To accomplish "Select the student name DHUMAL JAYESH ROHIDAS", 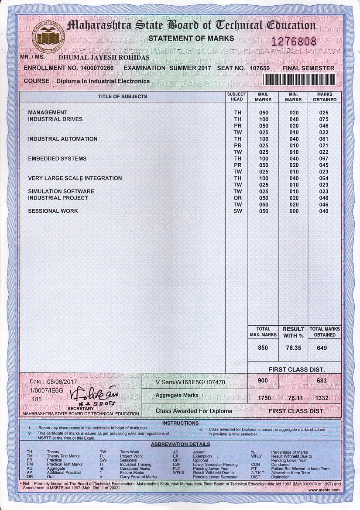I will pyautogui.click(x=104, y=57).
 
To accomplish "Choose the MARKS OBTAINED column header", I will pyautogui.click(x=325, y=97).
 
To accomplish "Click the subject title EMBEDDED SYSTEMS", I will pyautogui.click(x=57, y=159).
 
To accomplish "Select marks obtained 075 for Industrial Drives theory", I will pyautogui.click(x=324, y=119).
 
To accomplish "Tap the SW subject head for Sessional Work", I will pyautogui.click(x=237, y=211).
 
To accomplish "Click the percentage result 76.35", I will pyautogui.click(x=293, y=348).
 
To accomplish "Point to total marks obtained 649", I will pyautogui.click(x=323, y=348).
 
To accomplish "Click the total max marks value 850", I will pyautogui.click(x=263, y=348).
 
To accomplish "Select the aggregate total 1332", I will pyautogui.click(x=323, y=398).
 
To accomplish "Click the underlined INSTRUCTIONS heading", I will pyautogui.click(x=180, y=423).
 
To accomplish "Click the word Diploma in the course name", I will pyautogui.click(x=69, y=81).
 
